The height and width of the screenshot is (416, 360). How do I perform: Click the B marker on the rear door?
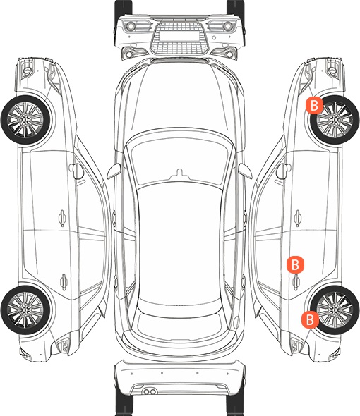(x=295, y=264)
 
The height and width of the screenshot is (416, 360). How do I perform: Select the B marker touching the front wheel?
(x=314, y=105)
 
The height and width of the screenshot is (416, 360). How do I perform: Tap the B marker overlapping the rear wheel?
(x=310, y=319)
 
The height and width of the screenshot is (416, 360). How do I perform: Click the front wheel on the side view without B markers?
(x=26, y=120)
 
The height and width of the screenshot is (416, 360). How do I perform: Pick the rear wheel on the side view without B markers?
(x=26, y=310)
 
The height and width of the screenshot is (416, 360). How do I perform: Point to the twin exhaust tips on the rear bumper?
(x=150, y=391)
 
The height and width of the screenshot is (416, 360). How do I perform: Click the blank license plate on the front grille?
(x=179, y=36)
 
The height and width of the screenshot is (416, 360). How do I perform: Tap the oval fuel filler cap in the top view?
(x=236, y=322)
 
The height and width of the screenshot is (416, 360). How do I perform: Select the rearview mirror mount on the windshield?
(x=179, y=173)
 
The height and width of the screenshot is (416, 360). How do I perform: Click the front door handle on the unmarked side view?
(x=62, y=218)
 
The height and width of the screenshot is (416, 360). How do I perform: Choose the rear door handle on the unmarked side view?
(x=64, y=281)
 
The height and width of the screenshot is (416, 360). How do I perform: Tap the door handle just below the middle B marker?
(x=296, y=282)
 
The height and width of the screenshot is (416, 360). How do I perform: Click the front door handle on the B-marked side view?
(x=298, y=218)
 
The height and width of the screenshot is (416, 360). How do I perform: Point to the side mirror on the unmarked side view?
(x=76, y=171)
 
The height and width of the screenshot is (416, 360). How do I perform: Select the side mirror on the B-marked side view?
(x=284, y=171)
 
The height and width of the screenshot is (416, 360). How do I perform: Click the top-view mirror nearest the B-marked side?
(x=245, y=171)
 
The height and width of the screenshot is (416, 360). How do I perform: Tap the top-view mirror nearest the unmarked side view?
(x=114, y=171)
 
